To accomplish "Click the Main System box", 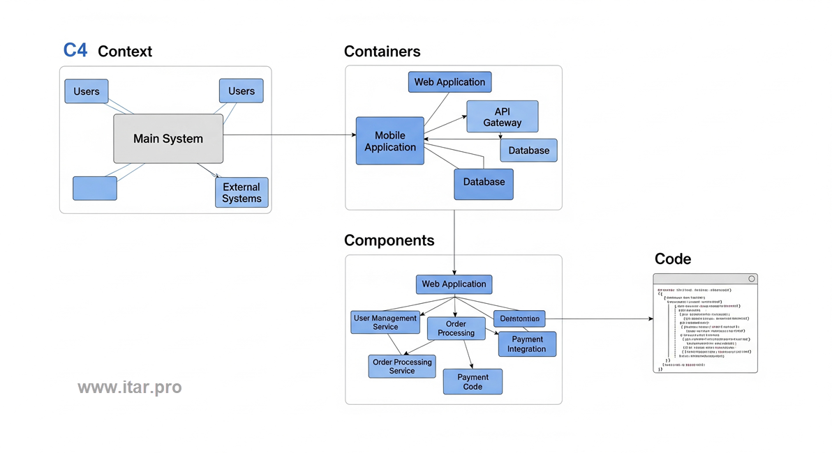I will pos(168,139).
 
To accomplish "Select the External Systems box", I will pos(242,192).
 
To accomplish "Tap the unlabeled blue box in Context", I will pos(95,188).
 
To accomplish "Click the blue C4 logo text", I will pos(75,50).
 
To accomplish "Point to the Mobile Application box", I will pos(389,141).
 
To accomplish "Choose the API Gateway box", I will pos(502,116).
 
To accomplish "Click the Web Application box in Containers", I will pos(450,82).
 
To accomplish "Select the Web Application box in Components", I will pos(454,284).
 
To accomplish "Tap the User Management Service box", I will pos(385,322).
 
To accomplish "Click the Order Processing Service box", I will pos(402,366).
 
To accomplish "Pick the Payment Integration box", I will pos(527,344).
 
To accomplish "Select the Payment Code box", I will pos(473,381).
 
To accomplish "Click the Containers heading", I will pos(382,52).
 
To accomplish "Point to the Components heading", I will pos(389,240).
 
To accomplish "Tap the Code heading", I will pos(672,259).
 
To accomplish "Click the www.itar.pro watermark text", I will pos(129,387).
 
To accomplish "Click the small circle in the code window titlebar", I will pos(751,279).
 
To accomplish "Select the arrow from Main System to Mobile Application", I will pos(290,135).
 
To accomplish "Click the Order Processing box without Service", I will pos(456,328).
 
